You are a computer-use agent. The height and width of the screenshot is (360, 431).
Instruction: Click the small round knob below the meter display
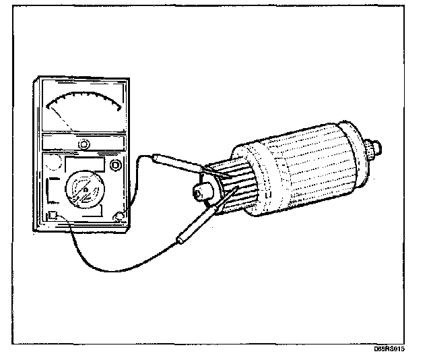pos(84,144)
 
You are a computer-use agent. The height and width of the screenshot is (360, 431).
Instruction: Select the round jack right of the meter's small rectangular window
pos(117,164)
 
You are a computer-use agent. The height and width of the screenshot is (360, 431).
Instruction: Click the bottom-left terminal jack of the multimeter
pos(51,216)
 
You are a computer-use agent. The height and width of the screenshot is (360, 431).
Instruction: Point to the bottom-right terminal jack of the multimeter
pos(120,216)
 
